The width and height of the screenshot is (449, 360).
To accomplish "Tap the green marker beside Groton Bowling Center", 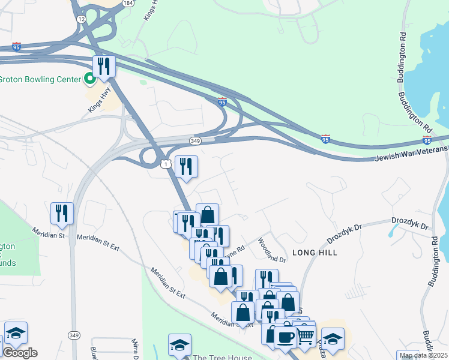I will click(x=89, y=79).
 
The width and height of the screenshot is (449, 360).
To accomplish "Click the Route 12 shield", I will click(x=81, y=19).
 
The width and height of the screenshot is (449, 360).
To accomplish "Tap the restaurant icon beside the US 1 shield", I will click(x=186, y=166).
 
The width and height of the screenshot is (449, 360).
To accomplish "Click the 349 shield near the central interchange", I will click(x=195, y=140).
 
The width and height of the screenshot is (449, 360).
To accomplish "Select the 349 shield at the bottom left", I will click(x=74, y=335).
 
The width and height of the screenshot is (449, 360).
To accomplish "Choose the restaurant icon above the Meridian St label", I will click(x=62, y=214).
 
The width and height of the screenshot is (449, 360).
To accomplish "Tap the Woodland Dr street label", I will click(x=272, y=250).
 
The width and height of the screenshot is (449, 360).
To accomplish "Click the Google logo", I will click(x=20, y=353).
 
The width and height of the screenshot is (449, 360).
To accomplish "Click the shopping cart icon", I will click(x=306, y=335).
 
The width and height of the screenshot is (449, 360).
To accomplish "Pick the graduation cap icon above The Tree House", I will click(x=179, y=345).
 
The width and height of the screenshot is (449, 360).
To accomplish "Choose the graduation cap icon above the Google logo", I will click(x=16, y=334).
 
